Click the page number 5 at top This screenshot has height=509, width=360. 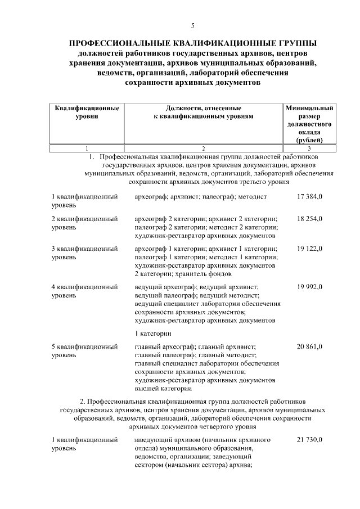pyautogui.click(x=192, y=25)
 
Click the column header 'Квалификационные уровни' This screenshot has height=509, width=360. pyautogui.click(x=87, y=111)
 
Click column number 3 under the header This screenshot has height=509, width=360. pyautogui.click(x=310, y=148)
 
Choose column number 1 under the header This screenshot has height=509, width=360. pyautogui.click(x=87, y=148)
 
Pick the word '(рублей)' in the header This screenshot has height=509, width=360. pyautogui.click(x=310, y=139)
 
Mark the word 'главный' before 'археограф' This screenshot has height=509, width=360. pyautogui.click(x=148, y=346)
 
